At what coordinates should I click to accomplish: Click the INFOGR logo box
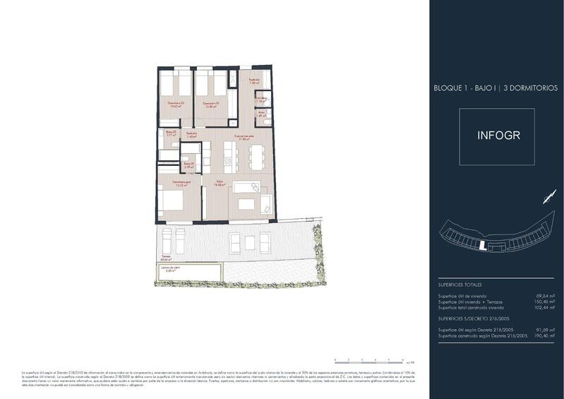498,135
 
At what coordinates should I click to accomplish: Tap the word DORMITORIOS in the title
530,88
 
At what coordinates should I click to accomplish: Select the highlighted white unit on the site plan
482,246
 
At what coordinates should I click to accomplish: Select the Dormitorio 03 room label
176,105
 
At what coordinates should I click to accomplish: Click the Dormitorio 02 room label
210,105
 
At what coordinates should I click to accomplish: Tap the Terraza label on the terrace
166,256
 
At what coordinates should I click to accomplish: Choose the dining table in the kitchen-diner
255,156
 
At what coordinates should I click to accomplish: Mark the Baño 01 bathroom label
171,132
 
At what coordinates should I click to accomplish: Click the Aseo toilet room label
260,113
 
